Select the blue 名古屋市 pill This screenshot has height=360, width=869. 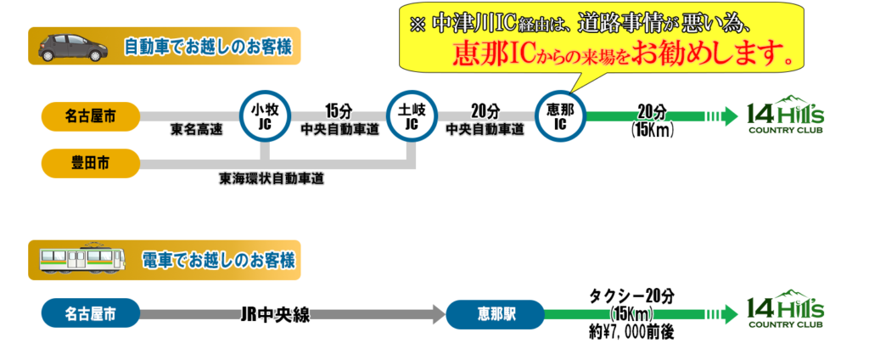[90, 314]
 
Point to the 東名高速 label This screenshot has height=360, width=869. [195, 131]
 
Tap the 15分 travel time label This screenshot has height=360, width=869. [338, 110]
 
